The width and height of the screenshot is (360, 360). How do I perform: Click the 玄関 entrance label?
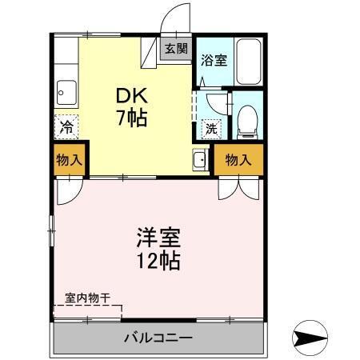pos(176,48)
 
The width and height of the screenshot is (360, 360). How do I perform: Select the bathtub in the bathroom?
pos(249,61)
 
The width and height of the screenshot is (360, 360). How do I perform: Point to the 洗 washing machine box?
pos(211,127)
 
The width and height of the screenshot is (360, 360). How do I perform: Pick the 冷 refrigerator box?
pos(67,126)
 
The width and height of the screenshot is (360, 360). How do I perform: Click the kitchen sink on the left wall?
pos(66,94)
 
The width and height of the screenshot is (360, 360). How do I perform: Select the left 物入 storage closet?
pos(68,159)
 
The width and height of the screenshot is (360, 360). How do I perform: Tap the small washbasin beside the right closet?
pos(198,160)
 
